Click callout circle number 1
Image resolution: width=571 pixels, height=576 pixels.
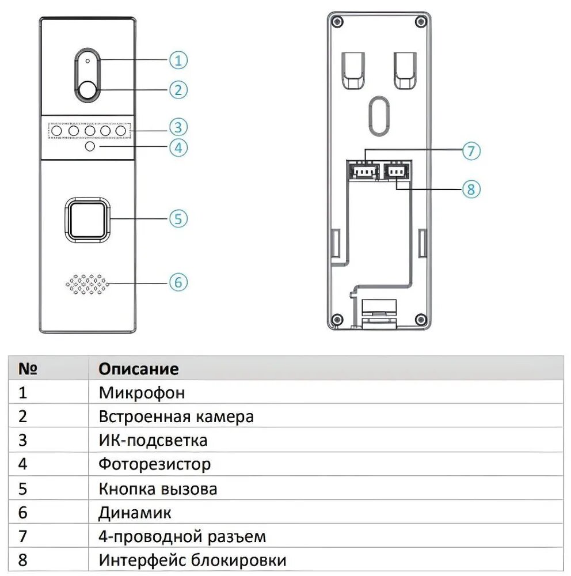click(178, 60)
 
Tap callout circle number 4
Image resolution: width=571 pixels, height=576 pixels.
click(178, 147)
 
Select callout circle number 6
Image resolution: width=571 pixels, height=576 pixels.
click(178, 282)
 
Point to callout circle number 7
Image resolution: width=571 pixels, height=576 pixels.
click(471, 151)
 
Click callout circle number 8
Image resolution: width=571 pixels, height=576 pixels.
click(471, 188)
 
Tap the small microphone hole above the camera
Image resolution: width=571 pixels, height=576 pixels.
click(87, 60)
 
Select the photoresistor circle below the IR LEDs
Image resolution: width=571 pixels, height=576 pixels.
click(90, 147)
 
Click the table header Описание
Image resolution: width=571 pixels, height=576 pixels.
click(139, 369)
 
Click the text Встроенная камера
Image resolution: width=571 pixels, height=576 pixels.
click(176, 416)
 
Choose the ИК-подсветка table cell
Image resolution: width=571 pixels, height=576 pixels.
click(153, 441)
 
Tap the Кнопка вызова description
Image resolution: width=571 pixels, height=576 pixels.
click(158, 489)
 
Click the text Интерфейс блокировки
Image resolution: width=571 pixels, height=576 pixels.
click(192, 560)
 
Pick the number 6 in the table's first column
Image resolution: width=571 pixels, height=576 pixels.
click(23, 512)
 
